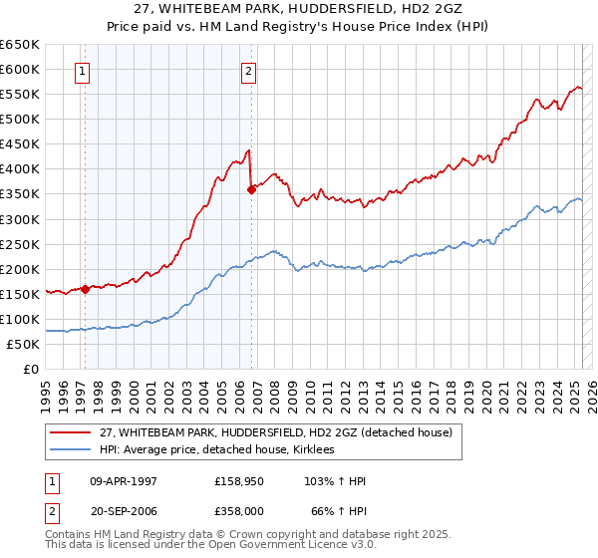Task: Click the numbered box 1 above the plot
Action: [81, 71]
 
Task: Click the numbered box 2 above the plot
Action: [247, 71]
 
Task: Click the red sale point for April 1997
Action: [86, 289]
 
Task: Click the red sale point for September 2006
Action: [251, 189]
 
